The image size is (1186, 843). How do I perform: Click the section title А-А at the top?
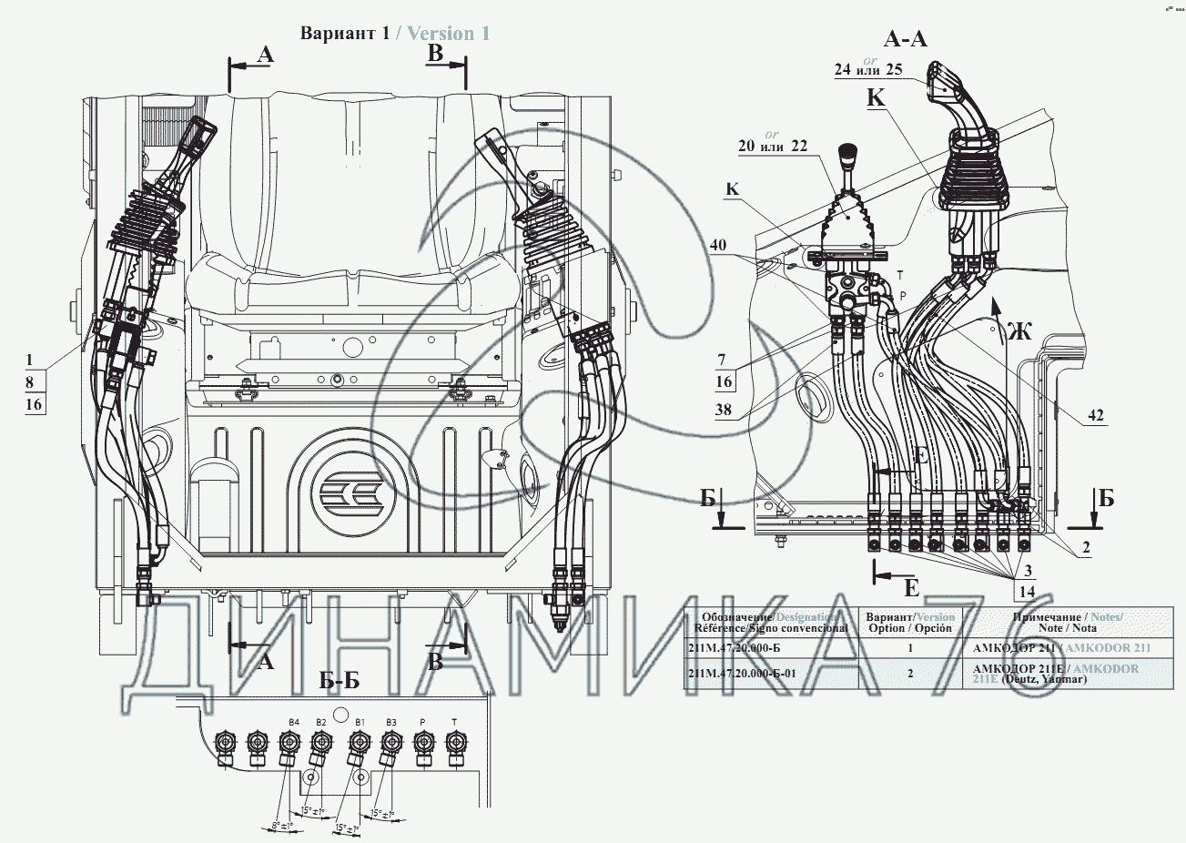pyautogui.click(x=905, y=39)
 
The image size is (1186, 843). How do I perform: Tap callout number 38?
pyautogui.click(x=724, y=410)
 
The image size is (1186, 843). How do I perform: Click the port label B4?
pyautogui.click(x=293, y=722)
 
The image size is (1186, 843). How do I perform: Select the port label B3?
pyautogui.click(x=390, y=722)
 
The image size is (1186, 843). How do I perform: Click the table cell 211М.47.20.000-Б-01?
pyautogui.click(x=745, y=675)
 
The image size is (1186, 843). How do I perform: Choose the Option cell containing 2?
pyautogui.click(x=909, y=675)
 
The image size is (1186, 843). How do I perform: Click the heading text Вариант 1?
pyautogui.click(x=345, y=34)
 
